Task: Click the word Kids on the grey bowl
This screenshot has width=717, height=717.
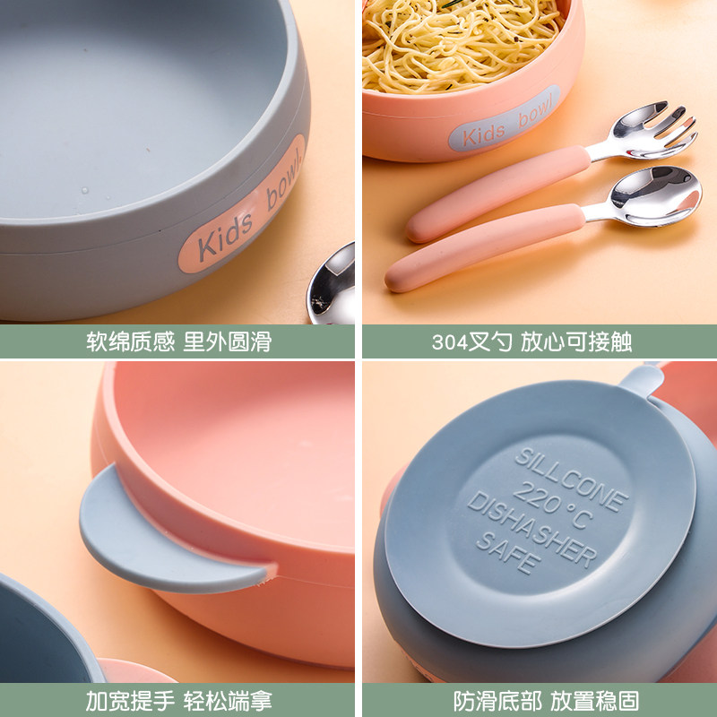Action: click(225, 234)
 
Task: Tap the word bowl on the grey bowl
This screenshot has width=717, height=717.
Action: click(284, 181)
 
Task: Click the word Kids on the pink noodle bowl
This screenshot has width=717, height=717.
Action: click(483, 134)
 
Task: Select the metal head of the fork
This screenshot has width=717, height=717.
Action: click(654, 129)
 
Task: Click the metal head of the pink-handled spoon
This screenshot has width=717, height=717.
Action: click(655, 195)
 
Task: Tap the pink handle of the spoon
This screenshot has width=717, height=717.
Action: click(485, 247)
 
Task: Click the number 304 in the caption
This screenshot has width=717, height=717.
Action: click(450, 342)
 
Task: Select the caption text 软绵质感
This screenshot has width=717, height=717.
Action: click(131, 341)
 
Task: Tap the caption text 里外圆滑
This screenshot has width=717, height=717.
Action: click(228, 341)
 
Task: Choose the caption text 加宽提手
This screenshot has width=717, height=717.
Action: click(131, 701)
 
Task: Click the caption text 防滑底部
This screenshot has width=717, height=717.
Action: click(498, 701)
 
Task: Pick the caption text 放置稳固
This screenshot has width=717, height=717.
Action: click(594, 701)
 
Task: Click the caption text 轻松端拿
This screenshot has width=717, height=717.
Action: click(228, 701)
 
